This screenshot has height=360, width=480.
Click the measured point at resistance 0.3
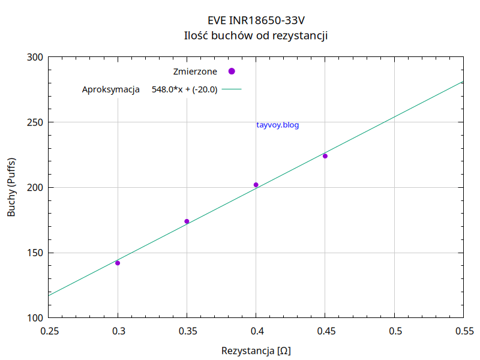point(118,263)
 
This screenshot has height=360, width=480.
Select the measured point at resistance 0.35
point(187,221)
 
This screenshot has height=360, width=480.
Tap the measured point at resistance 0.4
point(256,185)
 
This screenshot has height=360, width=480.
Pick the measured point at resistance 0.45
point(325,156)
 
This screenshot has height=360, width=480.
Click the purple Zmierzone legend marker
point(232,71)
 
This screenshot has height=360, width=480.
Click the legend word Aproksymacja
point(110,90)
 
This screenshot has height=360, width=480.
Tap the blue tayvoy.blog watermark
point(277,125)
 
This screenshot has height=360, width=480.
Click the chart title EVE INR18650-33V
point(256,20)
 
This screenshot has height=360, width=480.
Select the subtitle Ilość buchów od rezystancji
point(256,35)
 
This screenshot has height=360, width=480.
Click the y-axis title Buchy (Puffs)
point(12,187)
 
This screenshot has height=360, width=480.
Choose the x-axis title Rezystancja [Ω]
point(256,350)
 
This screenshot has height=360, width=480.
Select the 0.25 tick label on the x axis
point(49,331)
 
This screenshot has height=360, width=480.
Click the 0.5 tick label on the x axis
point(394,331)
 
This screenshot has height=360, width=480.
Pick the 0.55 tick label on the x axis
point(463,331)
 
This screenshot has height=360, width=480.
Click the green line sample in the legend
point(232,90)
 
